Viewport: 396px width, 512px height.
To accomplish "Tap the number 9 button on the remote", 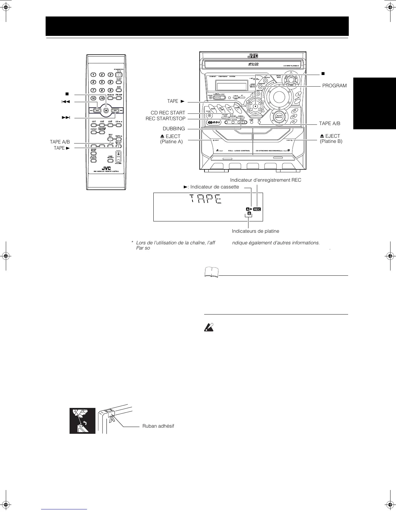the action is click(110, 90).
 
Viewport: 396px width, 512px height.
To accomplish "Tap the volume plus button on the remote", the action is click(118, 154).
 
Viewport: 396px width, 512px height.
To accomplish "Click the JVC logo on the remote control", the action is click(106, 168).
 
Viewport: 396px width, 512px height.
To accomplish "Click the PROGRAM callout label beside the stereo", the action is click(334, 86).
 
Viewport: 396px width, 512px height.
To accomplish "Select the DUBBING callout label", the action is click(174, 129).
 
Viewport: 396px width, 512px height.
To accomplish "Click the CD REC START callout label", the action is click(168, 113).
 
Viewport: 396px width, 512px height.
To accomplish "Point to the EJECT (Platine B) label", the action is click(331, 139).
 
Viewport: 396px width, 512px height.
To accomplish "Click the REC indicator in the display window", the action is click(257, 209).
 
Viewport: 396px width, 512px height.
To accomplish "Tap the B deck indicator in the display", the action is click(249, 214).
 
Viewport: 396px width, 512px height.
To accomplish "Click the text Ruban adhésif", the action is click(158, 426).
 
